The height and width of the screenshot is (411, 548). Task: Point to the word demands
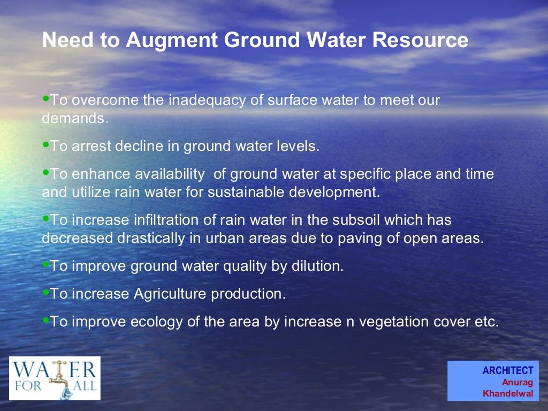tap(74, 119)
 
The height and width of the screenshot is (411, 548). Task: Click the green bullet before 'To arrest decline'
tap(45, 144)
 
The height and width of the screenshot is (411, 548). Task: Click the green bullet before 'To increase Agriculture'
tap(45, 292)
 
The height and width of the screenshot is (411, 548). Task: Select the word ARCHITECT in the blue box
tap(508, 370)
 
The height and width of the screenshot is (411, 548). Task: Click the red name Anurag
tap(517, 382)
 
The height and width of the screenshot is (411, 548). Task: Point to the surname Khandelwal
tap(508, 393)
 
